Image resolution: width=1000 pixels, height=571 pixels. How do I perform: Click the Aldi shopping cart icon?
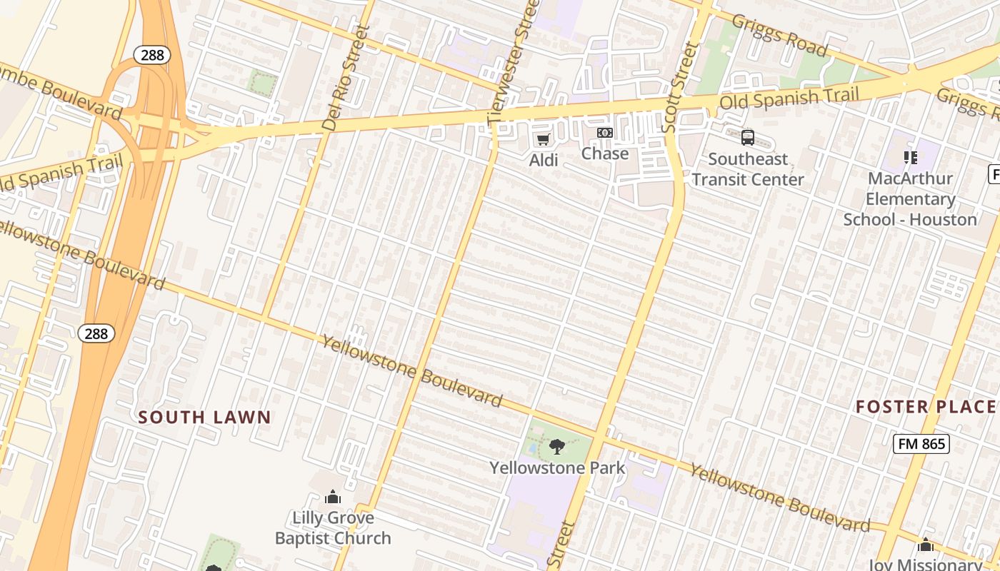point(543,139)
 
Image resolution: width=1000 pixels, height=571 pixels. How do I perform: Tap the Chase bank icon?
point(605,133)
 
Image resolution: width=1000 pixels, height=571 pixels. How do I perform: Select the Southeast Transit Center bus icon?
point(748,138)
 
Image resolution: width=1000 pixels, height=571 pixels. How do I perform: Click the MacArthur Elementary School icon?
point(910,157)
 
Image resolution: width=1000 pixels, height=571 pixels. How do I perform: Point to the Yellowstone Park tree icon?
point(557,448)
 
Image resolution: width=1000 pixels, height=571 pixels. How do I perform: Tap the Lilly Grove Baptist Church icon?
point(333,497)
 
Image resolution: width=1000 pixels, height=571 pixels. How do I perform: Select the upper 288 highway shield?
point(151,55)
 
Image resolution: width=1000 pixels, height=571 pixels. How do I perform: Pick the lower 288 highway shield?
point(96,333)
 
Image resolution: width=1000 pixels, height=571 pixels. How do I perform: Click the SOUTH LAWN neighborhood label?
point(204,418)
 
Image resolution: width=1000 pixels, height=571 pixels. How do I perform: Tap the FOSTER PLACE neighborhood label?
point(926,408)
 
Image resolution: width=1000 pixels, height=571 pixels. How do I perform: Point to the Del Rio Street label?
point(346,79)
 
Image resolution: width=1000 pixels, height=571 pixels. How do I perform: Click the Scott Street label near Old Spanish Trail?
point(680,87)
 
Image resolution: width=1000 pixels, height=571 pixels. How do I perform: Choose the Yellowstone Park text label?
point(557,468)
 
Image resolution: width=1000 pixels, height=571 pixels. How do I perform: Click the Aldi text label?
point(544,161)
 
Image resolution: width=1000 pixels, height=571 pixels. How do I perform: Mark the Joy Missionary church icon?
point(926,546)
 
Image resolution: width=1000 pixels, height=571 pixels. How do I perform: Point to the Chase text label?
point(605,153)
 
